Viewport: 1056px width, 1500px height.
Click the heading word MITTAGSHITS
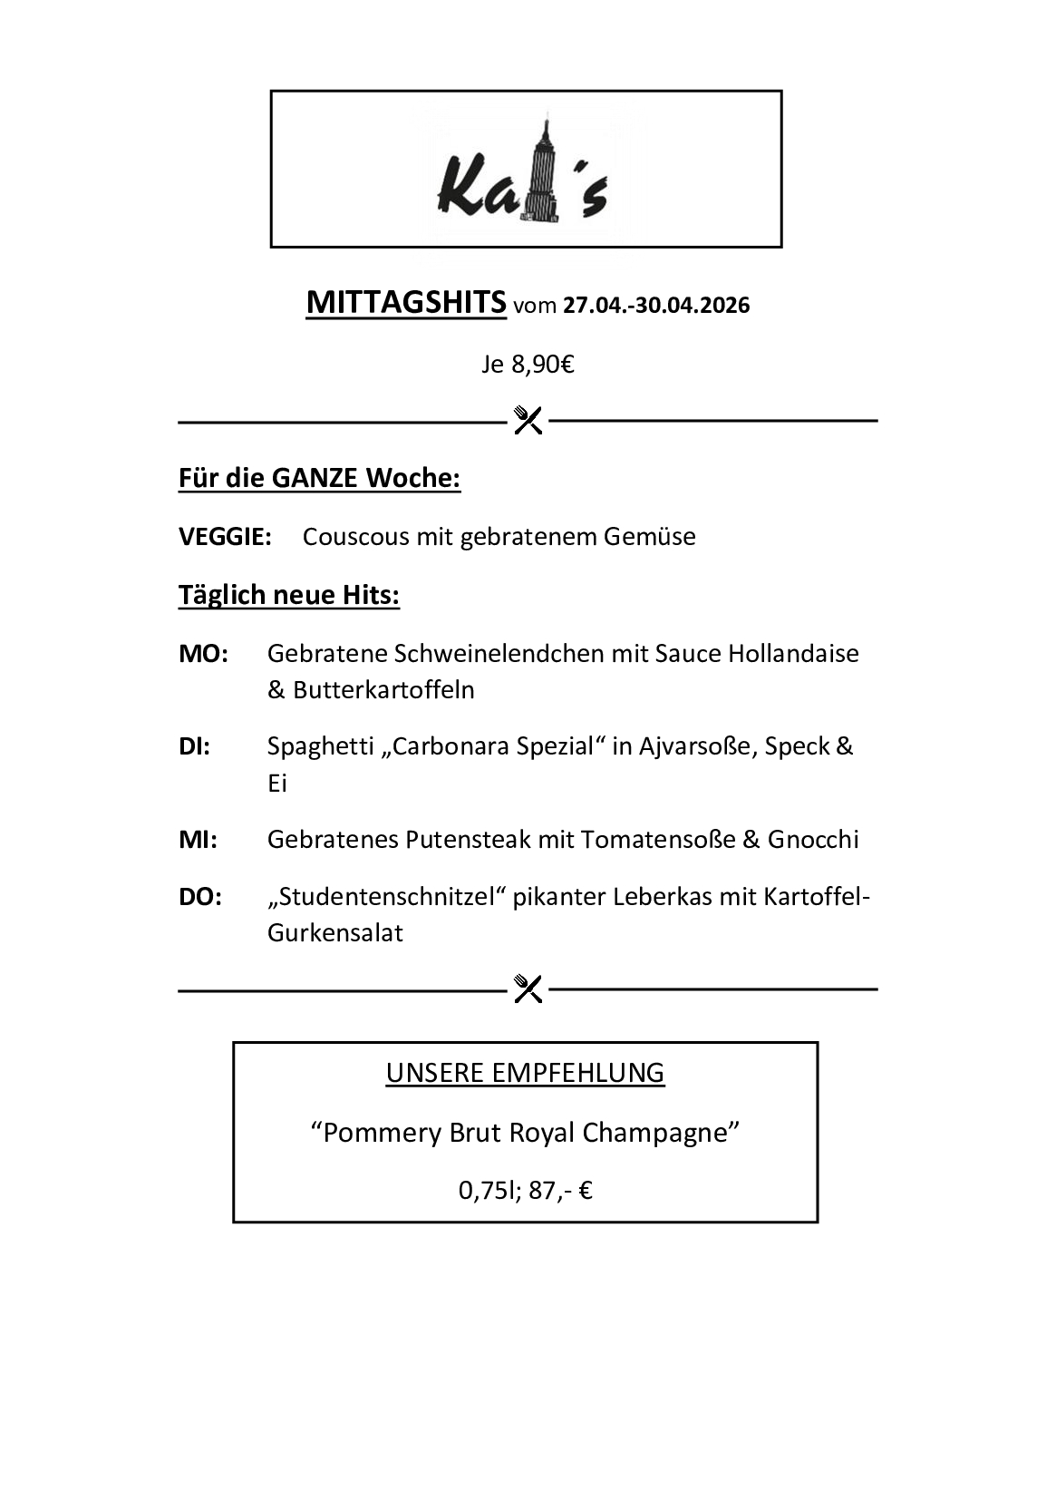[x=406, y=302]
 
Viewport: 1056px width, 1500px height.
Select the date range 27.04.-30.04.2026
[x=656, y=306]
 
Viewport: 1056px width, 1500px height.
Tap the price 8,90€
[x=543, y=365]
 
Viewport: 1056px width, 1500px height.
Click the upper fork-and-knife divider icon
[x=528, y=420]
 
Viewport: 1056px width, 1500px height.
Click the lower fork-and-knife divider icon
[x=528, y=988]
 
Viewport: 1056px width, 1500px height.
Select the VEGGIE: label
[x=225, y=537]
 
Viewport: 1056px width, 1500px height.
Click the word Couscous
[x=355, y=537]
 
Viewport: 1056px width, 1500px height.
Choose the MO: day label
[x=203, y=654]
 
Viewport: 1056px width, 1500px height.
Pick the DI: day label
[x=195, y=747]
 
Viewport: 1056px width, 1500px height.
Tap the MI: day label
[x=198, y=840]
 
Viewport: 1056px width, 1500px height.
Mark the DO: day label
[x=200, y=897]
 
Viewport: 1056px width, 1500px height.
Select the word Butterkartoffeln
[x=383, y=690]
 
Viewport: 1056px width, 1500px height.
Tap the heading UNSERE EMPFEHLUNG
[x=525, y=1073]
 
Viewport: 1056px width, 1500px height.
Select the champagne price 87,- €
[x=560, y=1190]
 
